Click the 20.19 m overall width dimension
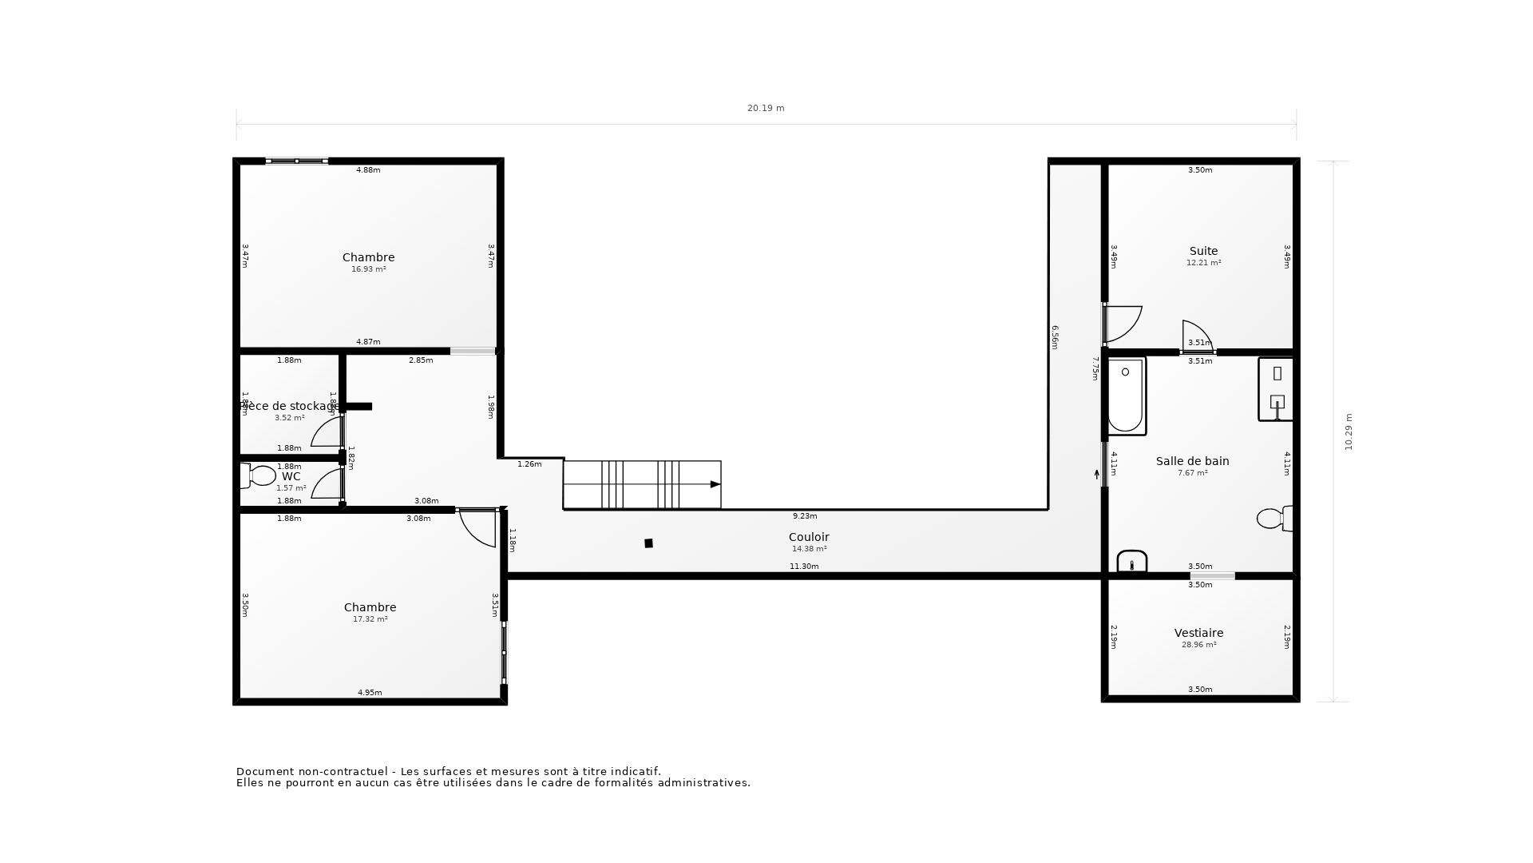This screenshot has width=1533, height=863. [x=766, y=108]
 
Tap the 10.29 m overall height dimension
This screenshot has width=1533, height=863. [x=1349, y=431]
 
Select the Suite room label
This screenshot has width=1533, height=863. [x=1203, y=251]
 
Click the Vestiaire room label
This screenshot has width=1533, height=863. [x=1198, y=633]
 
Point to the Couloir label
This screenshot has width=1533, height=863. [x=809, y=537]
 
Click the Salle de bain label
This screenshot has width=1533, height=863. [x=1192, y=461]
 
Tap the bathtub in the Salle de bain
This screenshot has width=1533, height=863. [x=1126, y=396]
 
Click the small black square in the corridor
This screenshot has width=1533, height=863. [x=648, y=543]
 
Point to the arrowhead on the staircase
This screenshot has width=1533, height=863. [x=715, y=484]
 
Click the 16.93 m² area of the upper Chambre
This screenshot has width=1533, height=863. [x=368, y=269]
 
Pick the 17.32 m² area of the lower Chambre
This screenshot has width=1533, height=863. [x=370, y=619]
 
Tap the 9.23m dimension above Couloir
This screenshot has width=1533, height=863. [x=804, y=516]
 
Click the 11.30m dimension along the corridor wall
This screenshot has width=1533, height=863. [x=804, y=567]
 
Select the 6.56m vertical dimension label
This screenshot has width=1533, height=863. [x=1054, y=337]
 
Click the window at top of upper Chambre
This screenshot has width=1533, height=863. [x=296, y=161]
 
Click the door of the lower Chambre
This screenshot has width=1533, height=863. [x=479, y=527]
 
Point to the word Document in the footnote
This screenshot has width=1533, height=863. [x=264, y=772]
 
